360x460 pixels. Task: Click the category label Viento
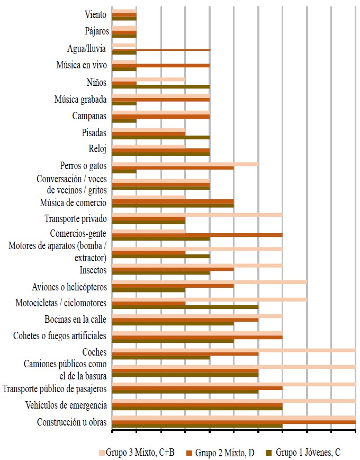pos(95,15)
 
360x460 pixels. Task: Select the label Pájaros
pos(96,31)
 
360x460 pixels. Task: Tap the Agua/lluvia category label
pos(87,49)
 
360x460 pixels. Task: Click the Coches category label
pos(94,352)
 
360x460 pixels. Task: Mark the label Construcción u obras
pos(72,422)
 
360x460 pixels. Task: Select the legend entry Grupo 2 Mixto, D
pos(225,452)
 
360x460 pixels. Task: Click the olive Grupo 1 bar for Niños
pos(161,86)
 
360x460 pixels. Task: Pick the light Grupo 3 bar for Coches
pos(233,350)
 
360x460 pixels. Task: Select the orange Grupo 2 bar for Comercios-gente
pos(197,235)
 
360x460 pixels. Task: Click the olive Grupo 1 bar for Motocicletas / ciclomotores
pos(185,307)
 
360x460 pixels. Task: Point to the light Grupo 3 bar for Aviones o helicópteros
pos(209,282)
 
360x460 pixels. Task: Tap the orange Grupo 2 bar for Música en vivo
pos(161,65)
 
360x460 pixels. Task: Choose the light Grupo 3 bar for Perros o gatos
pos(185,164)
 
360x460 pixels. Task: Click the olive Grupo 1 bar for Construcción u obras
pos(197,426)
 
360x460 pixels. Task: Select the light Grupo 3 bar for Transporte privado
pos(197,215)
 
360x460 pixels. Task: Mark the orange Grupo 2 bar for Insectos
pos(173,269)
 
